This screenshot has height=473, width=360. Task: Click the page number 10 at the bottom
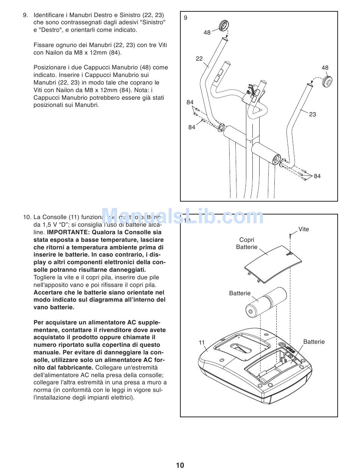pyautogui.click(x=180, y=465)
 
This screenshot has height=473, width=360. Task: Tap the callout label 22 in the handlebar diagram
pyautogui.click(x=199, y=59)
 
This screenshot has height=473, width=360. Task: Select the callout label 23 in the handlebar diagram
pyautogui.click(x=312, y=114)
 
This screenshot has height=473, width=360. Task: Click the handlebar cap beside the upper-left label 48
pyautogui.click(x=224, y=26)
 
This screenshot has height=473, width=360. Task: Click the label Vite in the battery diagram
pyautogui.click(x=304, y=229)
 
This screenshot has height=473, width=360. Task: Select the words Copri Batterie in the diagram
pyautogui.click(x=247, y=243)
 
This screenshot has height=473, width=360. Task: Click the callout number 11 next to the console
pyautogui.click(x=202, y=343)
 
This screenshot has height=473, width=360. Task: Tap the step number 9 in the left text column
pyautogui.click(x=25, y=15)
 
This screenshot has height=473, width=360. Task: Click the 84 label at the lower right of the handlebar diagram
pyautogui.click(x=317, y=176)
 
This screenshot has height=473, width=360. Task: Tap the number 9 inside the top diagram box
pyautogui.click(x=186, y=17)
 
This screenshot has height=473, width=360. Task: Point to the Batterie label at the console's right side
pyautogui.click(x=314, y=342)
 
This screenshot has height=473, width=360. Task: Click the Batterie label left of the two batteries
pyautogui.click(x=240, y=293)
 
